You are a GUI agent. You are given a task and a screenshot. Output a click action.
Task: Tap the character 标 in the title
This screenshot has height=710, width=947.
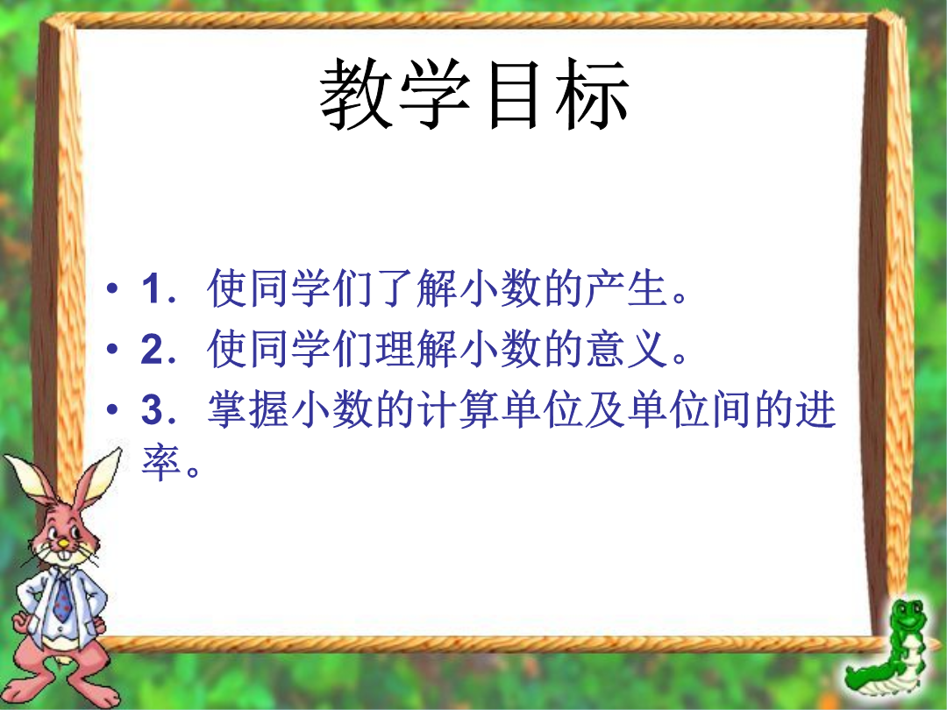(x=593, y=94)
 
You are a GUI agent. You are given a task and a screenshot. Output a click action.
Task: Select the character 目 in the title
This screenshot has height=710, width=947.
(x=513, y=95)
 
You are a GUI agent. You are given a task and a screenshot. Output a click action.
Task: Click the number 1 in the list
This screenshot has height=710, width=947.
(x=151, y=288)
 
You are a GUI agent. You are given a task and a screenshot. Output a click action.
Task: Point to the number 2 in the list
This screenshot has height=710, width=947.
(x=152, y=349)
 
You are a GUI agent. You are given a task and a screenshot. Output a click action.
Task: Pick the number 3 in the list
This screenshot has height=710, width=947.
(x=152, y=409)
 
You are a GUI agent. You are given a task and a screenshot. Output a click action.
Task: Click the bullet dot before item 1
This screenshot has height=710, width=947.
(x=112, y=288)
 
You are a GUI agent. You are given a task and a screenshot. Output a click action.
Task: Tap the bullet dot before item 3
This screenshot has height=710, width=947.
(x=112, y=410)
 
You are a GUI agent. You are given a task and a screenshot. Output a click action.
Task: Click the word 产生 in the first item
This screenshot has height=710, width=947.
(x=625, y=288)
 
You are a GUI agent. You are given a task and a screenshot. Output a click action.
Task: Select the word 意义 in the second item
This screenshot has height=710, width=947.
(x=625, y=349)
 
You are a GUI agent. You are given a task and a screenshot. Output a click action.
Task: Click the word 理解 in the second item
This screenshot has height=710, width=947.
(x=416, y=349)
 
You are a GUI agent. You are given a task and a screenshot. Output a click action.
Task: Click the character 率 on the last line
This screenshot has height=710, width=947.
(x=161, y=463)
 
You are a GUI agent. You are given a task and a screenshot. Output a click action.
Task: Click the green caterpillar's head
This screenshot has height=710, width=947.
(x=908, y=616)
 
